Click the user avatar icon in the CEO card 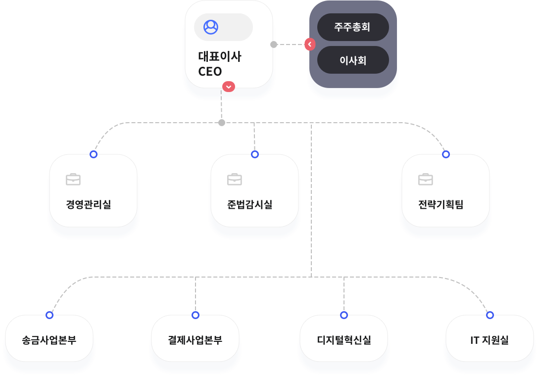pyautogui.click(x=211, y=27)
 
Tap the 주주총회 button pyautogui.click(x=352, y=27)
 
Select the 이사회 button pyautogui.click(x=352, y=60)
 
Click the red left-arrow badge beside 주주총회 pyautogui.click(x=310, y=45)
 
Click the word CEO pyautogui.click(x=210, y=71)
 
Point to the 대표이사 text pyautogui.click(x=220, y=56)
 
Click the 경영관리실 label pyautogui.click(x=89, y=204)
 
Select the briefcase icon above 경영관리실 pyautogui.click(x=73, y=179)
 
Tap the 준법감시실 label pyautogui.click(x=250, y=204)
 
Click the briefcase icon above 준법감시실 pyautogui.click(x=235, y=179)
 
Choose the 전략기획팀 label pyautogui.click(x=441, y=204)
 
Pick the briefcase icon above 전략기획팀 pyautogui.click(x=426, y=179)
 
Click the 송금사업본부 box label pyautogui.click(x=49, y=340)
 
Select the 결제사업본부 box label pyautogui.click(x=195, y=340)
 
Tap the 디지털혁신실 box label pyautogui.click(x=344, y=340)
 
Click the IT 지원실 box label pyautogui.click(x=490, y=340)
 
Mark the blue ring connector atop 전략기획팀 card pyautogui.click(x=446, y=154)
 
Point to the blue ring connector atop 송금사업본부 pyautogui.click(x=49, y=315)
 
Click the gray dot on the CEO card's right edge pyautogui.click(x=274, y=45)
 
